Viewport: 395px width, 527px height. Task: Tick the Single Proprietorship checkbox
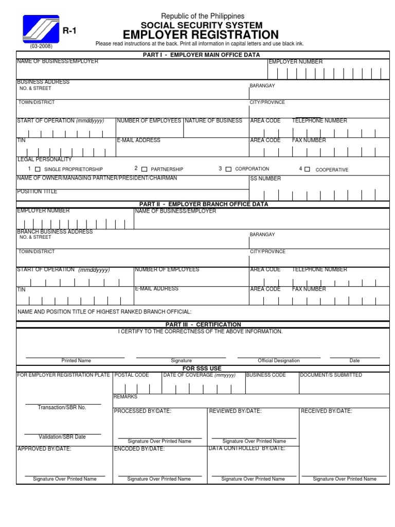(x=37, y=169)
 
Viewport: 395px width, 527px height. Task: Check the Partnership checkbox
(x=144, y=169)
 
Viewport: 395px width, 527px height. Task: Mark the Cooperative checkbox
(x=307, y=169)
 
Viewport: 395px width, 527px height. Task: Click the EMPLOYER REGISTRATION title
(x=201, y=35)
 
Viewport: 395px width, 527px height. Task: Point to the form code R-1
(x=69, y=31)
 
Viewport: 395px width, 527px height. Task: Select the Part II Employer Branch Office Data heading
(x=201, y=204)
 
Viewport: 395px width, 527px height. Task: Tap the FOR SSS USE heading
(x=202, y=368)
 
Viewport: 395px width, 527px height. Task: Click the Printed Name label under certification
(x=76, y=361)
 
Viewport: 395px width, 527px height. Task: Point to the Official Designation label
(x=278, y=361)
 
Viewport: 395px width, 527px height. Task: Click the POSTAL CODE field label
(x=132, y=375)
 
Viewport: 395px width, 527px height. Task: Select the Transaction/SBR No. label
(x=62, y=408)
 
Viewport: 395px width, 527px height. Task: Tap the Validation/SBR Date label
(x=62, y=437)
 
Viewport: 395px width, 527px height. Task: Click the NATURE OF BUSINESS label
(x=213, y=120)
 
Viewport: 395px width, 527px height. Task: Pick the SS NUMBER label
(x=265, y=179)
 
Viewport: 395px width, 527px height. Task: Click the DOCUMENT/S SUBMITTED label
(x=331, y=375)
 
